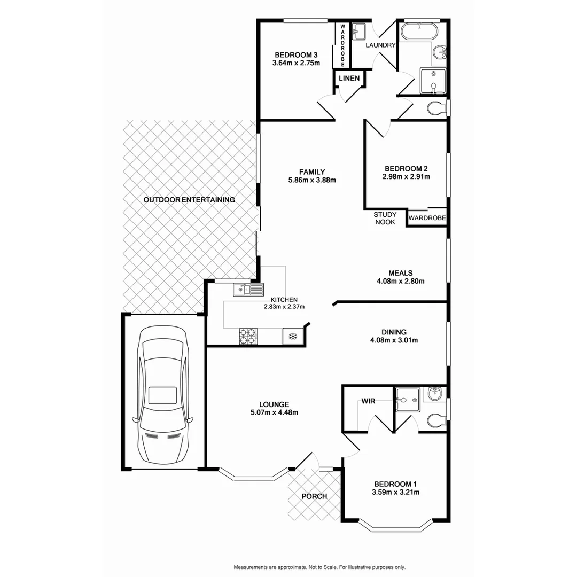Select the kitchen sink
point(248,290)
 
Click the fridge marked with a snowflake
point(292,336)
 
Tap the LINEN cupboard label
point(349,79)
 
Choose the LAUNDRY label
point(380,45)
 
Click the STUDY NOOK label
point(385,218)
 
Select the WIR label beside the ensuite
point(368,400)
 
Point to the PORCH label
point(314,496)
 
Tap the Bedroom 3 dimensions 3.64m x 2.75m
point(296,63)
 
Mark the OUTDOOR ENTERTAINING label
point(189,200)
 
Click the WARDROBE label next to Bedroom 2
point(427,218)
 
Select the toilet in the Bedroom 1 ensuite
point(435,421)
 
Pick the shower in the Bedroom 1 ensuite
point(408,398)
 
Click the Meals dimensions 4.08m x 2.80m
point(401,281)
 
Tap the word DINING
point(394,331)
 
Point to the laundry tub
point(358,31)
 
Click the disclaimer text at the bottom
point(319,567)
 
